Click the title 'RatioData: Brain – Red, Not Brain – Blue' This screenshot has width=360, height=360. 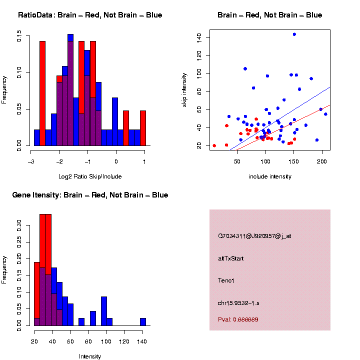pos(90,15)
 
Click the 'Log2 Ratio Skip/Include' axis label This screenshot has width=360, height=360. pos(89,176)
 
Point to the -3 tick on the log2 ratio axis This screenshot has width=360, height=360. pos(31,161)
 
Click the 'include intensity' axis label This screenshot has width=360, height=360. pos(269,176)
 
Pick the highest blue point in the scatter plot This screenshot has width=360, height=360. pos(294,34)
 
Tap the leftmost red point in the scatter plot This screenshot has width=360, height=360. pos(214,145)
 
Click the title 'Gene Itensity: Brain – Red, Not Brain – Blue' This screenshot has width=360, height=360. pos(90,195)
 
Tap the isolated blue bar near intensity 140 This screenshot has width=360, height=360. pos(143,322)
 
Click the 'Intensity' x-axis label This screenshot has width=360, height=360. pos(90,356)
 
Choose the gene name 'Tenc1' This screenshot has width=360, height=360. pos(226,280)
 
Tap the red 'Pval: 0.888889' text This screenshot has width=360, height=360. pos(238,319)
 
